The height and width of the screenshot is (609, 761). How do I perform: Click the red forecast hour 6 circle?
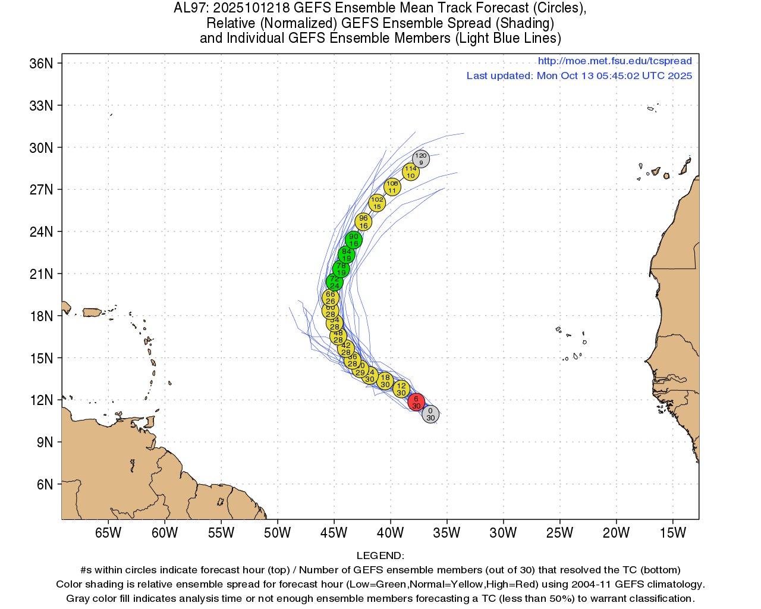pos(416,402)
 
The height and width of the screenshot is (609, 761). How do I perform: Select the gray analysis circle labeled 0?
pos(430,414)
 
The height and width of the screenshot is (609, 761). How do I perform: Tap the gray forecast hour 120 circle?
pos(421,159)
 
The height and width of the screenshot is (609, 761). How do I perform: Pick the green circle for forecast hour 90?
pos(354,240)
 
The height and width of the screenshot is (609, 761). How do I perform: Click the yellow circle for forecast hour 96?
pos(363,222)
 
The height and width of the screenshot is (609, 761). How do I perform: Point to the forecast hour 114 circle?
pos(411,172)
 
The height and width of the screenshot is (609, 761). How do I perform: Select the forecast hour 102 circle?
pos(377,203)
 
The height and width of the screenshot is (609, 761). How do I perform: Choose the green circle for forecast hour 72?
pos(335,282)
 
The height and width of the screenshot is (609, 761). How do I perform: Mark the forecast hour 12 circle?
pos(401,389)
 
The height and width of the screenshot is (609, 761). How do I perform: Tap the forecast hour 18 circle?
pos(385,381)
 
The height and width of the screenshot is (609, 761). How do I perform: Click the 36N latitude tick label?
pos(41,64)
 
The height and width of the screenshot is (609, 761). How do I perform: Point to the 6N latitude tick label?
pos(45,485)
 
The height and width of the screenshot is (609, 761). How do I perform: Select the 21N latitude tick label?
pos(41,274)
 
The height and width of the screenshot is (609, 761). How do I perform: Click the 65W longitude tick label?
pos(108,533)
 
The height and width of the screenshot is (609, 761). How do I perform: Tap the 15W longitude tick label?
pos(672,533)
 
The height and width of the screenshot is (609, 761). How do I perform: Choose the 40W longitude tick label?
pos(390,533)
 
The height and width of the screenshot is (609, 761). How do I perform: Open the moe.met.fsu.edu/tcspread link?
pos(615,61)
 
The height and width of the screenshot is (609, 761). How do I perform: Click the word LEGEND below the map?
pos(380,555)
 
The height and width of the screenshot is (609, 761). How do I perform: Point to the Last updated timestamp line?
pos(579,76)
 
